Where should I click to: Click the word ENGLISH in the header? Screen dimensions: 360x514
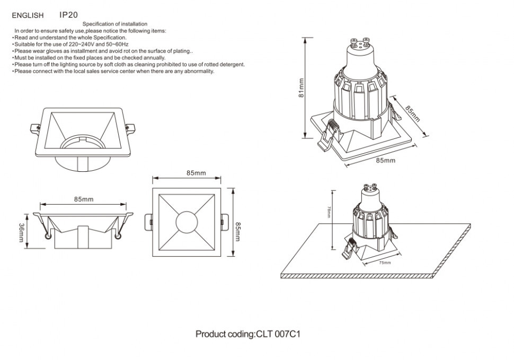coord(28,16)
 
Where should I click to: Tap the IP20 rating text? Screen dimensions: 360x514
coord(68,15)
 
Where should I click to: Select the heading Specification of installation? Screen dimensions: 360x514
coord(115,24)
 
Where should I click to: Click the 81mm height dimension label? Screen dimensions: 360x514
coord(301,88)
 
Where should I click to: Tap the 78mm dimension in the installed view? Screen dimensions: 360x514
coord(329,212)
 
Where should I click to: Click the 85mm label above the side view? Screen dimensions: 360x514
coord(84,199)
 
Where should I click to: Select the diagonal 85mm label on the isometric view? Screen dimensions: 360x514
coord(412,113)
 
